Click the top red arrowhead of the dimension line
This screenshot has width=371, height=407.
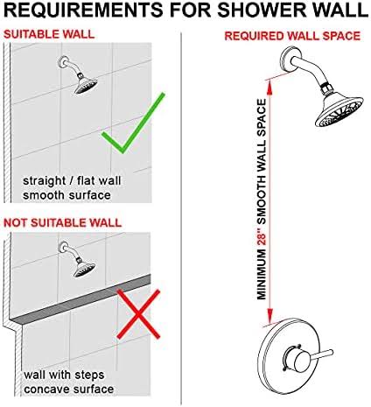263,78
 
